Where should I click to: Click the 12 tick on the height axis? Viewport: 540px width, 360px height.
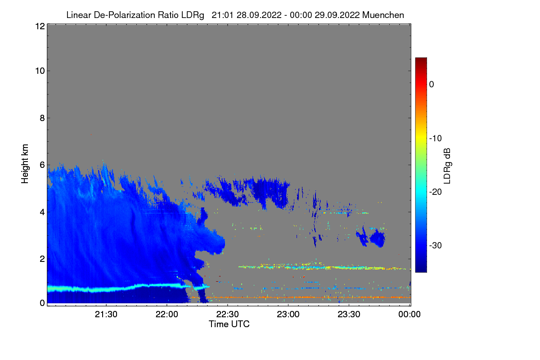[x=39, y=26]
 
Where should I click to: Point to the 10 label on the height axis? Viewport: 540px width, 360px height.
[x=39, y=71]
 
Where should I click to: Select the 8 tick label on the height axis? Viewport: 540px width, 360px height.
[x=41, y=118]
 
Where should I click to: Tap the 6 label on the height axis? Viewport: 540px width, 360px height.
[x=41, y=165]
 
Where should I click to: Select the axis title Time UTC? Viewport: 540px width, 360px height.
[x=229, y=324]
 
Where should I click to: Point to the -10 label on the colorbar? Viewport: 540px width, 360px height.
[x=436, y=138]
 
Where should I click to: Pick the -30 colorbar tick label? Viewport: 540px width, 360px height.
[x=436, y=246]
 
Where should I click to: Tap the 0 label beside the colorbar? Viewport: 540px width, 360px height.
[x=432, y=84]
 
